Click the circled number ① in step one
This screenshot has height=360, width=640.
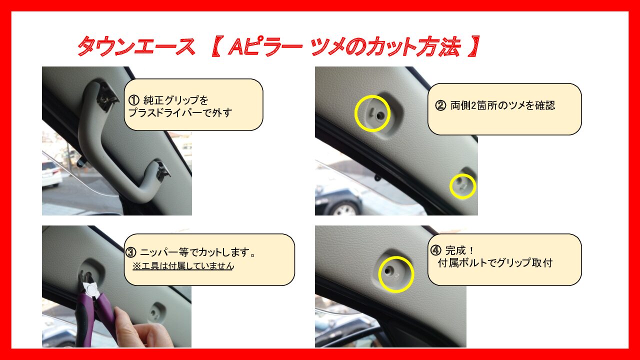pos(133,100)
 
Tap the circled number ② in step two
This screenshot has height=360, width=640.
pos(440,105)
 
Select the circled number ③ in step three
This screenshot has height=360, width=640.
pos(131,252)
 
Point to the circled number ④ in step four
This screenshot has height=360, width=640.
pos(435,250)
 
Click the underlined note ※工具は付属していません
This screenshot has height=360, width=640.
pos(183,266)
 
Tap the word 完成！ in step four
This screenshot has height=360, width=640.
pos(459,250)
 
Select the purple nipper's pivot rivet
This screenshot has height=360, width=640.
pos(91,291)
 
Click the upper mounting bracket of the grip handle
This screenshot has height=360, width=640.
pos(106,96)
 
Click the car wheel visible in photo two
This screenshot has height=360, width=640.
pos(345,209)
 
